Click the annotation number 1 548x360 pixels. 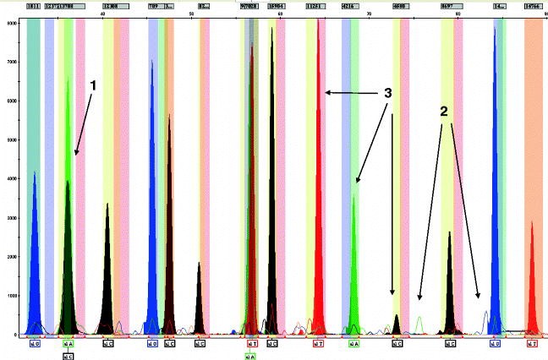coord(94,85)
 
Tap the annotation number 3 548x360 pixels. coord(389,95)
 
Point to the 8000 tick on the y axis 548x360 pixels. coord(10,23)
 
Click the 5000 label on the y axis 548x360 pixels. coord(10,139)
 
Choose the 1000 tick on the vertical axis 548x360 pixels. coord(10,296)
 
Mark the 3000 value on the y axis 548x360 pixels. coord(10,218)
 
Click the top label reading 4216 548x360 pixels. coord(349,6)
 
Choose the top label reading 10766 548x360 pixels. coord(534,6)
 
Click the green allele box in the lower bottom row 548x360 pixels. coord(250,357)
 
